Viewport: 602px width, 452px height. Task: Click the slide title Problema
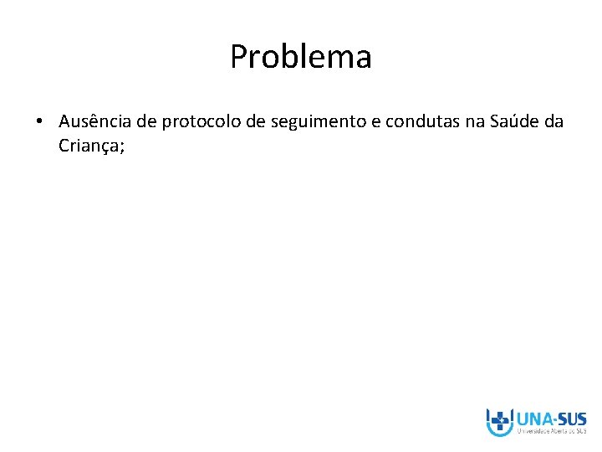coord(301,58)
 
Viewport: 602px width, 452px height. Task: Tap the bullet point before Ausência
coord(40,122)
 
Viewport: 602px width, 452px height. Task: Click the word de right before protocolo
coord(147,122)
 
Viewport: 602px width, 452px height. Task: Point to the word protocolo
coord(198,122)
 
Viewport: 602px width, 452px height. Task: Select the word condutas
coord(422,122)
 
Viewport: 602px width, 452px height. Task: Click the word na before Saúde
coord(475,122)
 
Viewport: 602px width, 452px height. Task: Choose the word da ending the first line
coord(554,122)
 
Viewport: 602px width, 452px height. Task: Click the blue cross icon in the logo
coord(500,420)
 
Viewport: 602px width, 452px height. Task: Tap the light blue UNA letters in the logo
coord(533,419)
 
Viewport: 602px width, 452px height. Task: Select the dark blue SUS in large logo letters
coord(573,419)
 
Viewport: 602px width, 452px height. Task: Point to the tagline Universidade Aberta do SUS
coord(552,432)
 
